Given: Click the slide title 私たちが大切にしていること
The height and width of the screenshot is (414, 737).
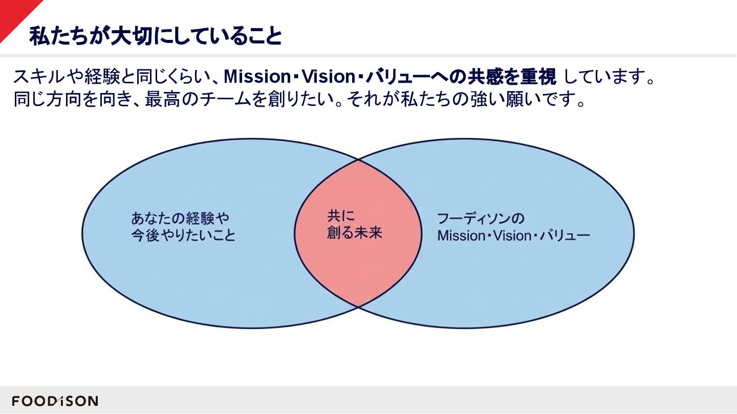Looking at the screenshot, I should coord(155,36).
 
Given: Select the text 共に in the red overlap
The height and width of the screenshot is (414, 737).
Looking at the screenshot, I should coord(341,216).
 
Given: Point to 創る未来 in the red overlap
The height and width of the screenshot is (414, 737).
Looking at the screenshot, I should coord(355,234).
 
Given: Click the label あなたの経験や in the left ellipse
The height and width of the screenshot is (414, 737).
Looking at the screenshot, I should coord(179,218).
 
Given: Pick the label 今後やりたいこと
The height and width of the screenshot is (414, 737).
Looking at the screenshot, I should coord(183,236).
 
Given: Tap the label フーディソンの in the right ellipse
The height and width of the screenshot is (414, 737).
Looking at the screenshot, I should coord(481,218).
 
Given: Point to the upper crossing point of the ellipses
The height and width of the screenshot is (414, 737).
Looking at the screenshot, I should coord(358,160).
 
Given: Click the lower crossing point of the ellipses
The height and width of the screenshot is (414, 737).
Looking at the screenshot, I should coord(358,306).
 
